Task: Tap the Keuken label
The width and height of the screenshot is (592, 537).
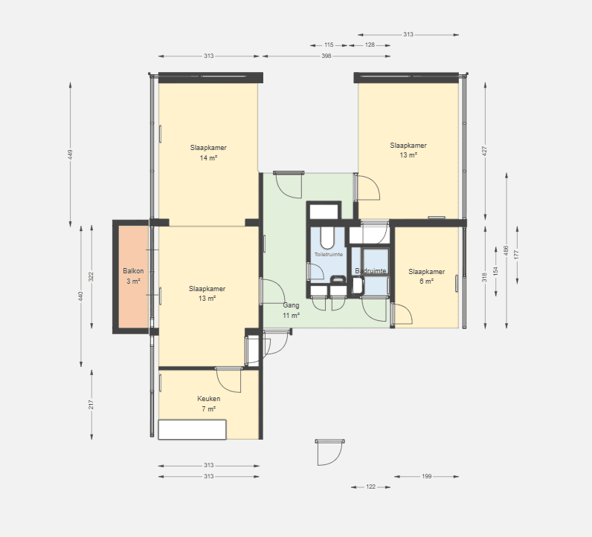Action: point(209,399)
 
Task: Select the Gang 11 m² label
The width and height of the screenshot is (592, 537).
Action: point(291,310)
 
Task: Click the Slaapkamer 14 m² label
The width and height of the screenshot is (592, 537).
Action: point(208,153)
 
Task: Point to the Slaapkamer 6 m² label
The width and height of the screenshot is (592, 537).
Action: point(427,276)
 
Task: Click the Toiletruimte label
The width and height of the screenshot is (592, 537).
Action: point(329,255)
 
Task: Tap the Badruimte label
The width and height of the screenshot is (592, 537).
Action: point(370,271)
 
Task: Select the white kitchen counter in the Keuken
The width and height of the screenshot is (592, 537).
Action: point(192,429)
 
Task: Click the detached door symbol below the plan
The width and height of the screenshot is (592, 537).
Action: point(330,452)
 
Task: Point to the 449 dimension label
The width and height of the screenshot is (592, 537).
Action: point(70,154)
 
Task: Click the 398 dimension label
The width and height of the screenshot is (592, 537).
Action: point(326,56)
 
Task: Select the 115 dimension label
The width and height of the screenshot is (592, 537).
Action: point(329,45)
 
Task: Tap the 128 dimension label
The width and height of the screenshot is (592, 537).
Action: point(370,45)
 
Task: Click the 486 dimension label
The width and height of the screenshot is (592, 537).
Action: point(506,250)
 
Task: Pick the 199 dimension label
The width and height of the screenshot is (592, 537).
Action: point(426,476)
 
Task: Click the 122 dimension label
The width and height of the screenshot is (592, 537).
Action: point(371,486)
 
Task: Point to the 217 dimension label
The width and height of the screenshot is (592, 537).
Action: point(91,405)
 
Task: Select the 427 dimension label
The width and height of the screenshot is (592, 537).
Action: point(485,151)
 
